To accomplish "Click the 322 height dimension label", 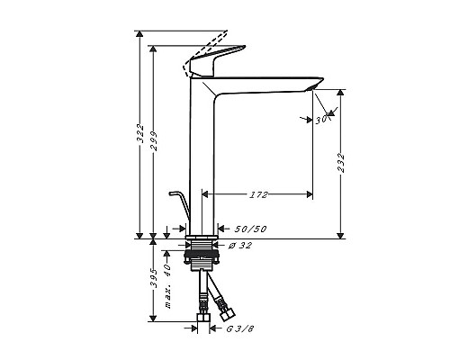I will point(139,135).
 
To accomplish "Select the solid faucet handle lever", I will point(220,63).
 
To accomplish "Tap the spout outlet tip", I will point(314,85).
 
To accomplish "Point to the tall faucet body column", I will point(204,153).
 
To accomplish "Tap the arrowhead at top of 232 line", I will point(343,93).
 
